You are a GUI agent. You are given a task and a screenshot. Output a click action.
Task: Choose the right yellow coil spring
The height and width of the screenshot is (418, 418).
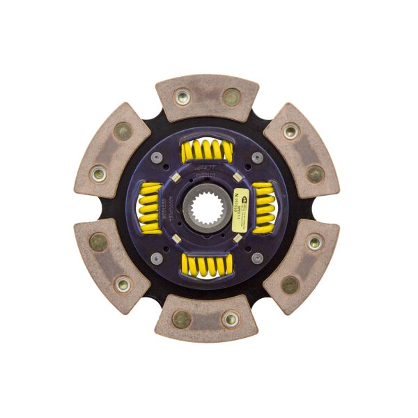click(x=263, y=208)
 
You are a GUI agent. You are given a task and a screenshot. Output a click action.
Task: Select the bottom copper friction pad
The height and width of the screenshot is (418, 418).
click(x=206, y=321)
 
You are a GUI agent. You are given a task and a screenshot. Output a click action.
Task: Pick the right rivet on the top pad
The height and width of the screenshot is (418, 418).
click(x=231, y=97)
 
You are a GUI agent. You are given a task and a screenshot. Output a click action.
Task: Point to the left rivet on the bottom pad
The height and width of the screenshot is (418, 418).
click(x=182, y=319)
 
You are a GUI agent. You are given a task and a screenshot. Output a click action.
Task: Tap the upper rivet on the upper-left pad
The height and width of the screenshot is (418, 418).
click(x=123, y=130)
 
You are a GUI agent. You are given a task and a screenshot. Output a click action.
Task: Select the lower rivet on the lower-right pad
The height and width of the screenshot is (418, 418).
click(x=291, y=284)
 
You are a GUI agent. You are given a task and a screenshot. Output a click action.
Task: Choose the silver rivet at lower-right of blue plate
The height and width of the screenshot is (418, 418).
click(x=257, y=258)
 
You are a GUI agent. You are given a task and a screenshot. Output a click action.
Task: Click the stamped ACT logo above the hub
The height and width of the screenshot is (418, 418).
click(x=208, y=169)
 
